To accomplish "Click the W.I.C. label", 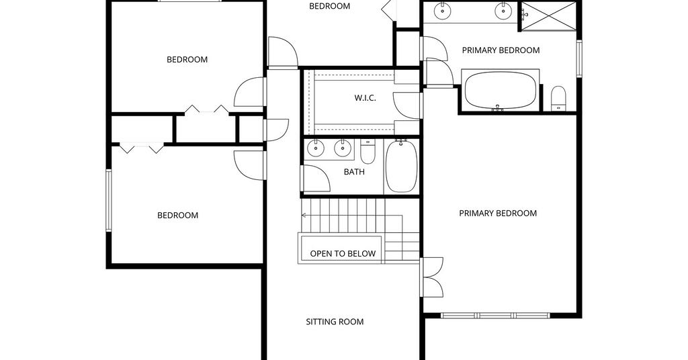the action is tap(365, 98).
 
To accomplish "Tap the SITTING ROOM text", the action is tap(335, 322).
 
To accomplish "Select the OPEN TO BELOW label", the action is tap(343, 253).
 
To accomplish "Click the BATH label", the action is tap(354, 172).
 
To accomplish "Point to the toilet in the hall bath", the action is tap(368, 151).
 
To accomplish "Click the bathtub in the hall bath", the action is tap(401, 166).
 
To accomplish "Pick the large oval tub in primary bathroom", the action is tap(500, 90).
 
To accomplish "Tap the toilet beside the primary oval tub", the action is tap(558, 99).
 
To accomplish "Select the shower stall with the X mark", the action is tap(548, 16).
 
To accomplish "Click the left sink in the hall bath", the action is tap(315, 148).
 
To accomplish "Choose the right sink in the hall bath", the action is tap(342, 148).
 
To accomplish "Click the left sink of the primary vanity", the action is tap(443, 10).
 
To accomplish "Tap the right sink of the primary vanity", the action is tap(503, 10).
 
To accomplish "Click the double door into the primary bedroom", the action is tap(432, 277).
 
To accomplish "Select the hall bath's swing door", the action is tap(316, 179).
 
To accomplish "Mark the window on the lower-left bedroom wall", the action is tap(108, 200).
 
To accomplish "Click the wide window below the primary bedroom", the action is tap(495, 315).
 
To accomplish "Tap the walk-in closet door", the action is tap(407, 105).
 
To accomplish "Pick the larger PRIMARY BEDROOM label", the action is tap(498, 214).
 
